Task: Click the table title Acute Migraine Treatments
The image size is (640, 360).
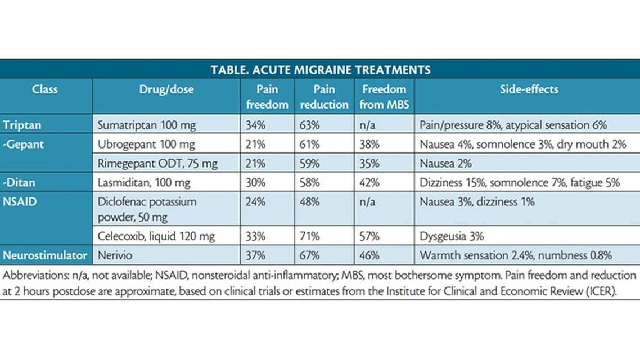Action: click(x=321, y=70)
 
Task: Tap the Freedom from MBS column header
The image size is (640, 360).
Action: click(x=384, y=96)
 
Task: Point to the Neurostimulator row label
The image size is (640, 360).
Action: click(x=45, y=255)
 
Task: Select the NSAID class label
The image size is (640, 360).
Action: click(x=20, y=201)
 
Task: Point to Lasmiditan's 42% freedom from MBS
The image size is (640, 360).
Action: click(x=371, y=182)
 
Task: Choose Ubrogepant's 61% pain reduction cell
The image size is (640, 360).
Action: click(x=310, y=144)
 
